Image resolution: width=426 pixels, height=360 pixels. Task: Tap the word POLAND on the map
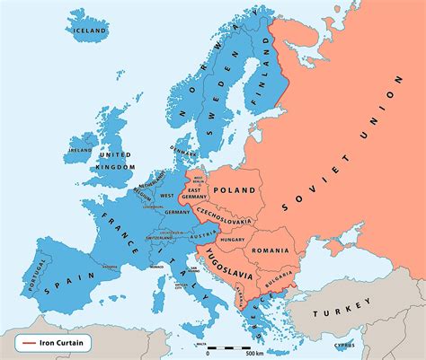point(235,190)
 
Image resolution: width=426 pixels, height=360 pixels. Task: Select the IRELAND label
point(80,150)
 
